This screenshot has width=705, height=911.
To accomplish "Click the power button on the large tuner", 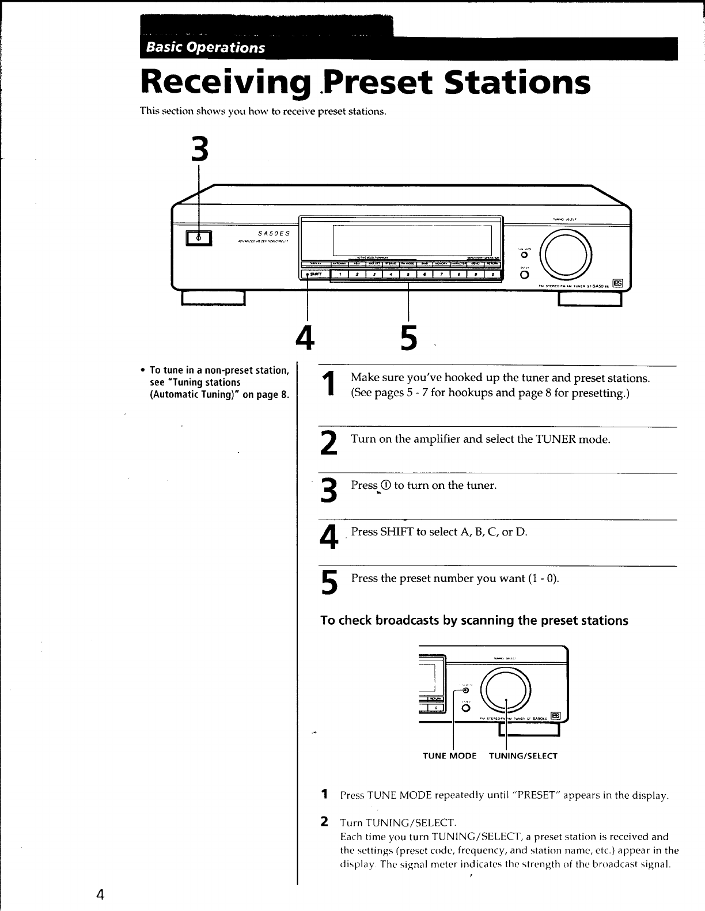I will tap(199, 237).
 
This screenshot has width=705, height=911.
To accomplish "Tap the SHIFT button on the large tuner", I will tap(314, 275).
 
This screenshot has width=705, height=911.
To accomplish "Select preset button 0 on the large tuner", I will tap(492, 275).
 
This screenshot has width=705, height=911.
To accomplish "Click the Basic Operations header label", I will tap(206, 47).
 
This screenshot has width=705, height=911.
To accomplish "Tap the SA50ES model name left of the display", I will tap(274, 232).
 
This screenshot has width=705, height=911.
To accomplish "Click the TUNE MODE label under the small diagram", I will tap(450, 756).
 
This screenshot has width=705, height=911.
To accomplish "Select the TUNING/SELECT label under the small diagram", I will tap(523, 756).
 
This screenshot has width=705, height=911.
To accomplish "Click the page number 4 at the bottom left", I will tap(100, 894).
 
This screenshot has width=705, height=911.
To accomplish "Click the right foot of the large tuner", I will tap(590, 299).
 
